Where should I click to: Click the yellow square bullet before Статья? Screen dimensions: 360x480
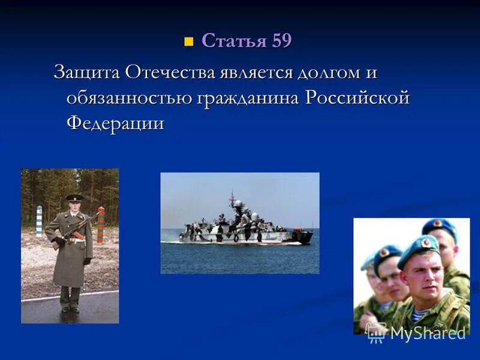(189, 42)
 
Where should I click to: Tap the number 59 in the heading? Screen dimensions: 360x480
(281, 41)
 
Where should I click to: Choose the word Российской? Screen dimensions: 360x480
(356, 98)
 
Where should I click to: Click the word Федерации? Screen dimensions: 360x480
(115, 122)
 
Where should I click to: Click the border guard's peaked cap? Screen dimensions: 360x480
(74, 197)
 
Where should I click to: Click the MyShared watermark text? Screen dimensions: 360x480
(427, 332)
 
